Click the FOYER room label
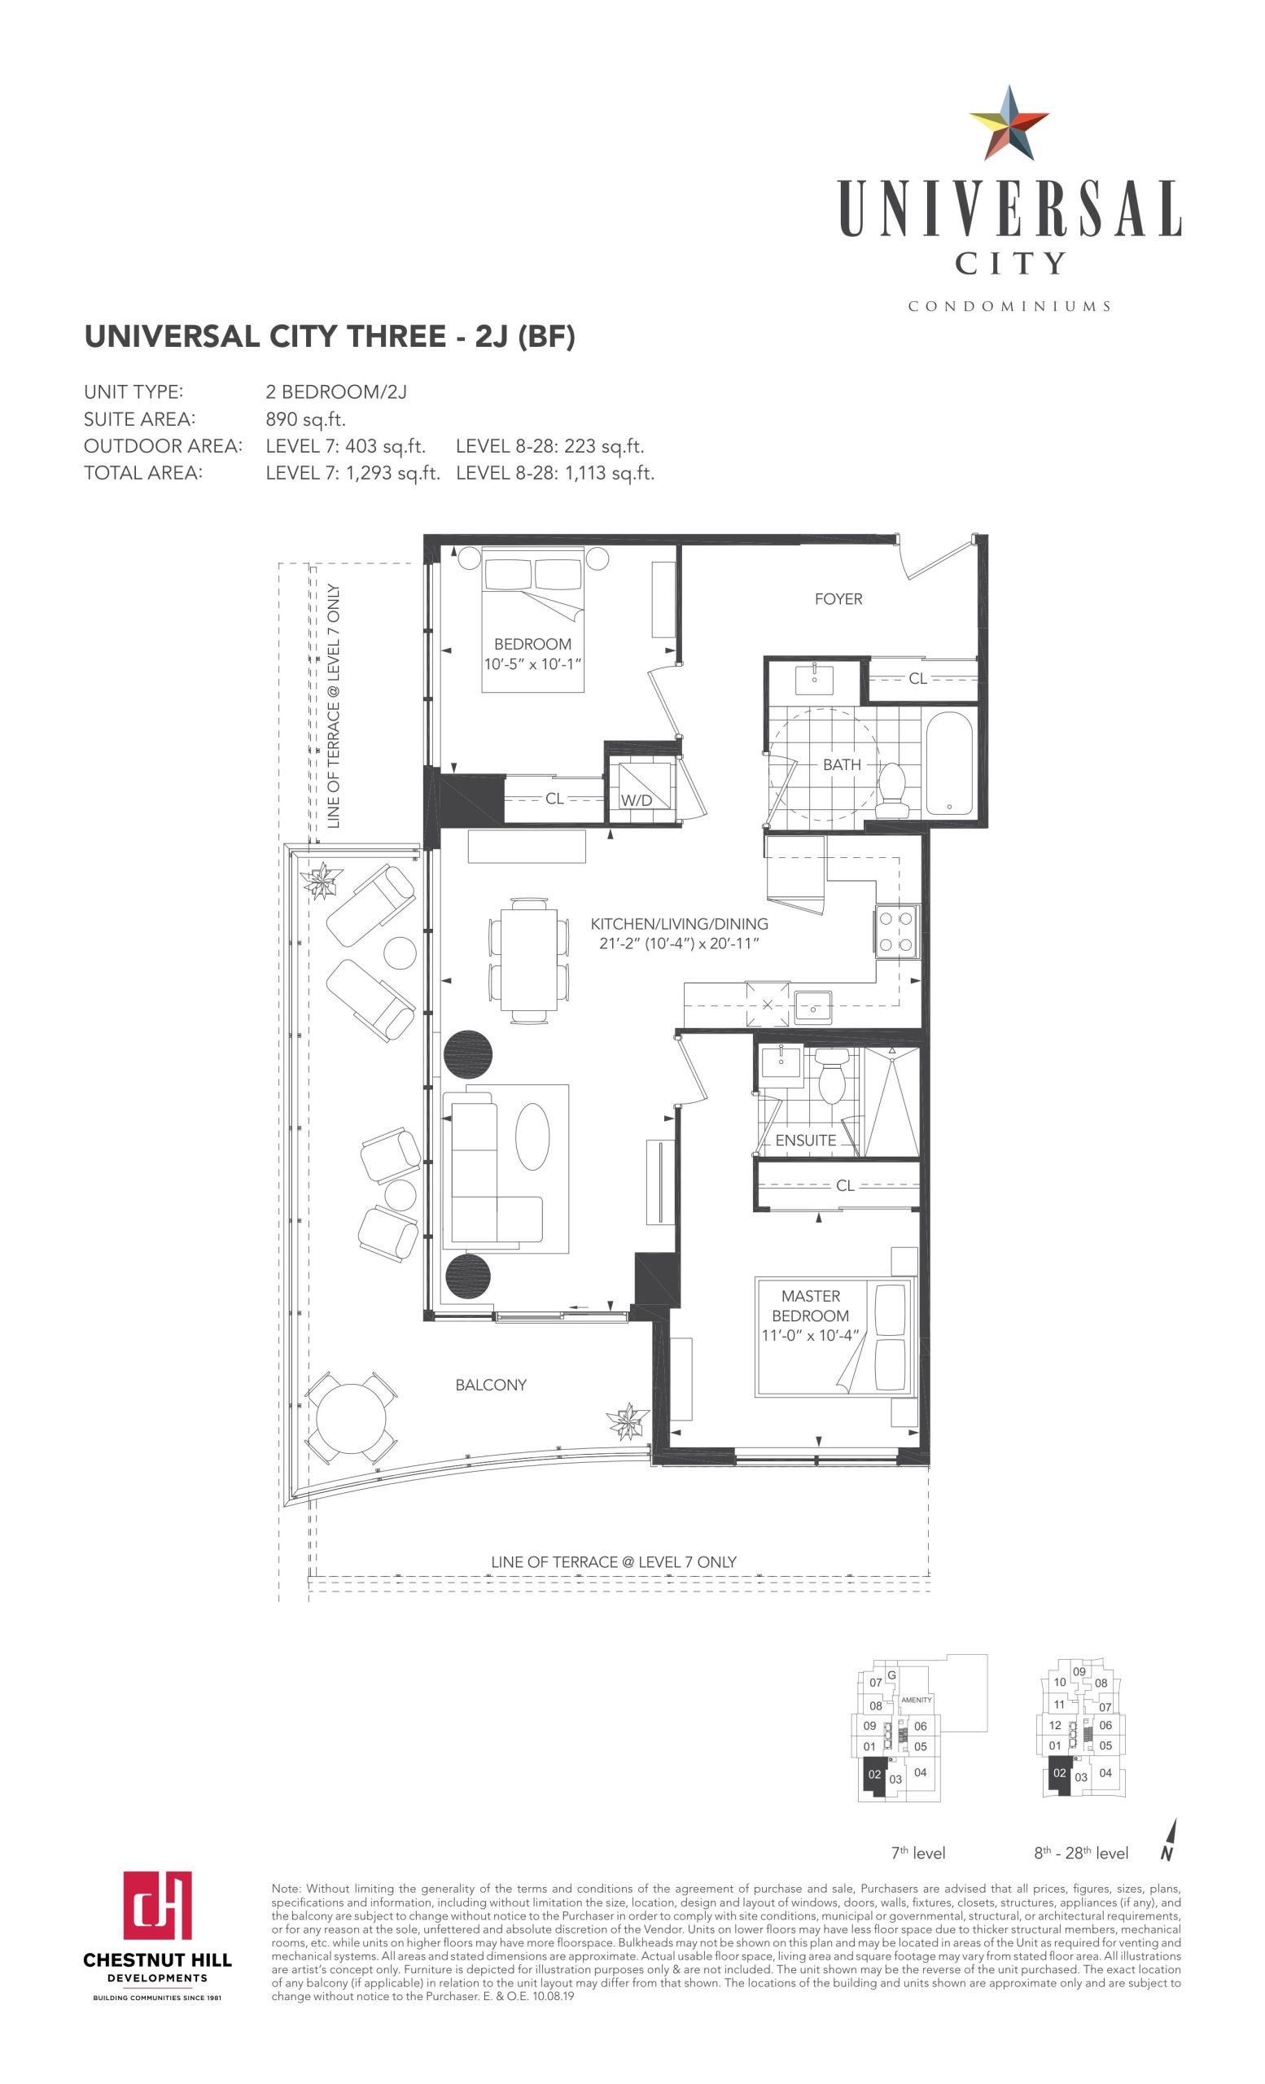[838, 599]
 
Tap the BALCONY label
[490, 1385]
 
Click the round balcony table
[351, 1418]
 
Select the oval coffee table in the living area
[532, 1136]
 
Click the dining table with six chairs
[528, 959]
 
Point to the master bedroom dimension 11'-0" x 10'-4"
[809, 1336]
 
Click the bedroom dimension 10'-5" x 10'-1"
[532, 664]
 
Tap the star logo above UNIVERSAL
[1009, 124]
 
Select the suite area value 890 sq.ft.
[305, 419]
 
